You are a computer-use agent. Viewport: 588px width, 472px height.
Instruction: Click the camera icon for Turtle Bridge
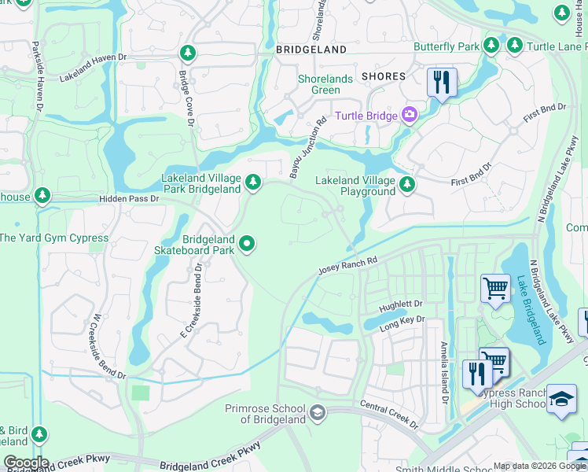(x=409, y=116)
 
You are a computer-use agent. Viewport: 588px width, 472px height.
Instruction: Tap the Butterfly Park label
(x=447, y=46)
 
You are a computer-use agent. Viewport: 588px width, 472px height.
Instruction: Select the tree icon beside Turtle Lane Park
(x=515, y=46)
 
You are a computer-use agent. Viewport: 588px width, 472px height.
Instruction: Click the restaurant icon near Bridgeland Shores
(x=442, y=82)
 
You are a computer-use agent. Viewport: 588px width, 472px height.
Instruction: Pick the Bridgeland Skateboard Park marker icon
(x=247, y=245)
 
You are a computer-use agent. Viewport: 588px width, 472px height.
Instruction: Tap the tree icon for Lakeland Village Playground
(x=406, y=185)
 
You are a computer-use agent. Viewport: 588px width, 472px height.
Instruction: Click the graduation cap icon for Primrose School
(x=316, y=413)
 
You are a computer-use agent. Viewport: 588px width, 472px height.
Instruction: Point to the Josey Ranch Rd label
(x=347, y=264)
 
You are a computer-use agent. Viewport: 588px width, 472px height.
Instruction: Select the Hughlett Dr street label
(x=401, y=303)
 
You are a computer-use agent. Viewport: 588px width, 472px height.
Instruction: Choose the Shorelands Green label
(x=319, y=85)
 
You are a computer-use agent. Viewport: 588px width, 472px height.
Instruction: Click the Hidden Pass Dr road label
(x=129, y=199)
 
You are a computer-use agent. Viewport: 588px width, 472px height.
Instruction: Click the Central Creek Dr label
(x=389, y=415)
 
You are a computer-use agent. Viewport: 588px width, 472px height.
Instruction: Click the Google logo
(x=25, y=463)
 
